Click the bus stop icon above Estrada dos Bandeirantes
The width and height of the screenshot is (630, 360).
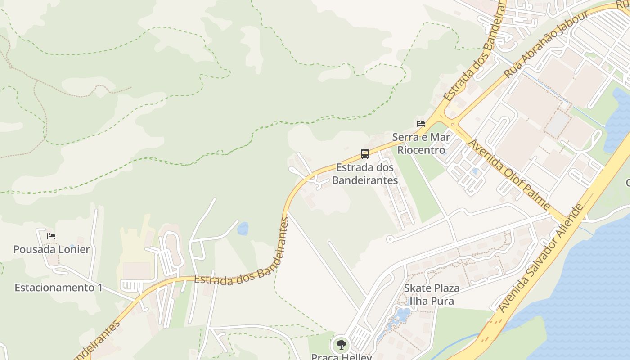pyautogui.click(x=365, y=154)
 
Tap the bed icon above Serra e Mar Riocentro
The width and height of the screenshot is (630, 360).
pyautogui.click(x=421, y=123)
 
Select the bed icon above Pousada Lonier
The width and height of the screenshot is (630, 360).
pyautogui.click(x=51, y=236)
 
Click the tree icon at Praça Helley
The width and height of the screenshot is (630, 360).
pyautogui.click(x=342, y=345)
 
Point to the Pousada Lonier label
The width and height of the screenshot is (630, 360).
pyautogui.click(x=51, y=249)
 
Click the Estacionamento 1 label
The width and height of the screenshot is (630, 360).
pyautogui.click(x=58, y=288)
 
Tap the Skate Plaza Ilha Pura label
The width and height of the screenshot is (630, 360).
pyautogui.click(x=432, y=294)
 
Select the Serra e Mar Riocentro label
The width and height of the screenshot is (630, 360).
pyautogui.click(x=421, y=144)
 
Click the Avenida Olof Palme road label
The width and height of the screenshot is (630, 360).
pyautogui.click(x=509, y=175)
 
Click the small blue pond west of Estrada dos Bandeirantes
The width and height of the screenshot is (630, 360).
pyautogui.click(x=243, y=229)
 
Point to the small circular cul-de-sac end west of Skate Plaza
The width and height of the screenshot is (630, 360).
pyautogui.click(x=390, y=239)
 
